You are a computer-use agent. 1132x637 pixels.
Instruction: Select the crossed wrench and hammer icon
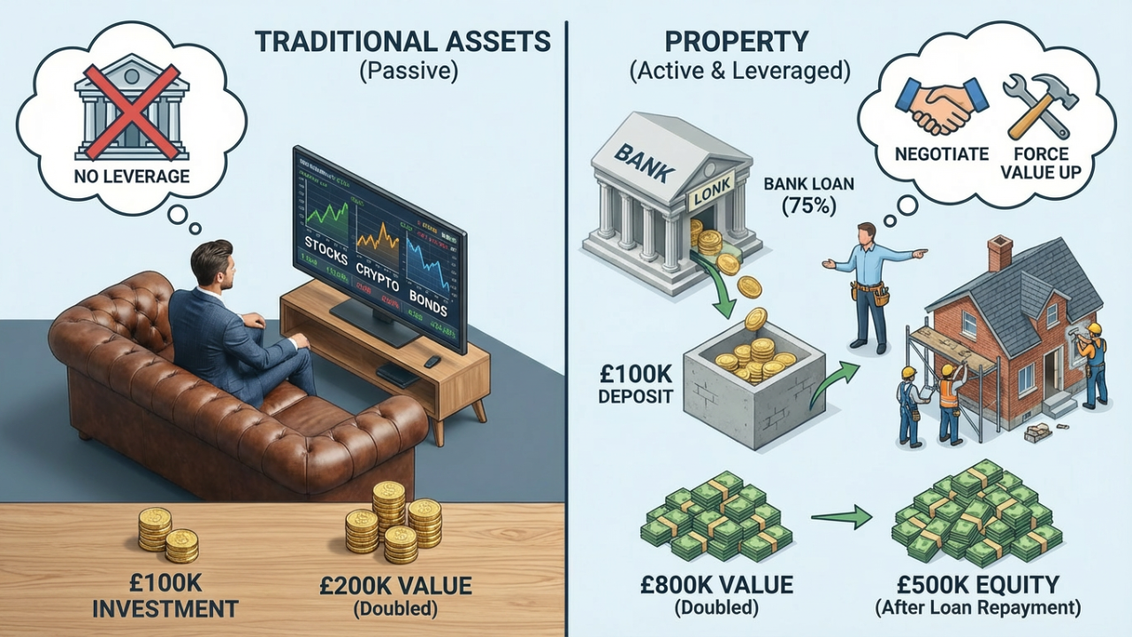(1039, 105)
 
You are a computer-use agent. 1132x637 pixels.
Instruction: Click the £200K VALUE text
(395, 585)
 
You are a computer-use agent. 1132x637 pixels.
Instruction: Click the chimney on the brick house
(999, 254)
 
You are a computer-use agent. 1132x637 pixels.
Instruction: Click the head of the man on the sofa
(211, 262)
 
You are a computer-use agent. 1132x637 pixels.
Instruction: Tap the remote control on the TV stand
(432, 362)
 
